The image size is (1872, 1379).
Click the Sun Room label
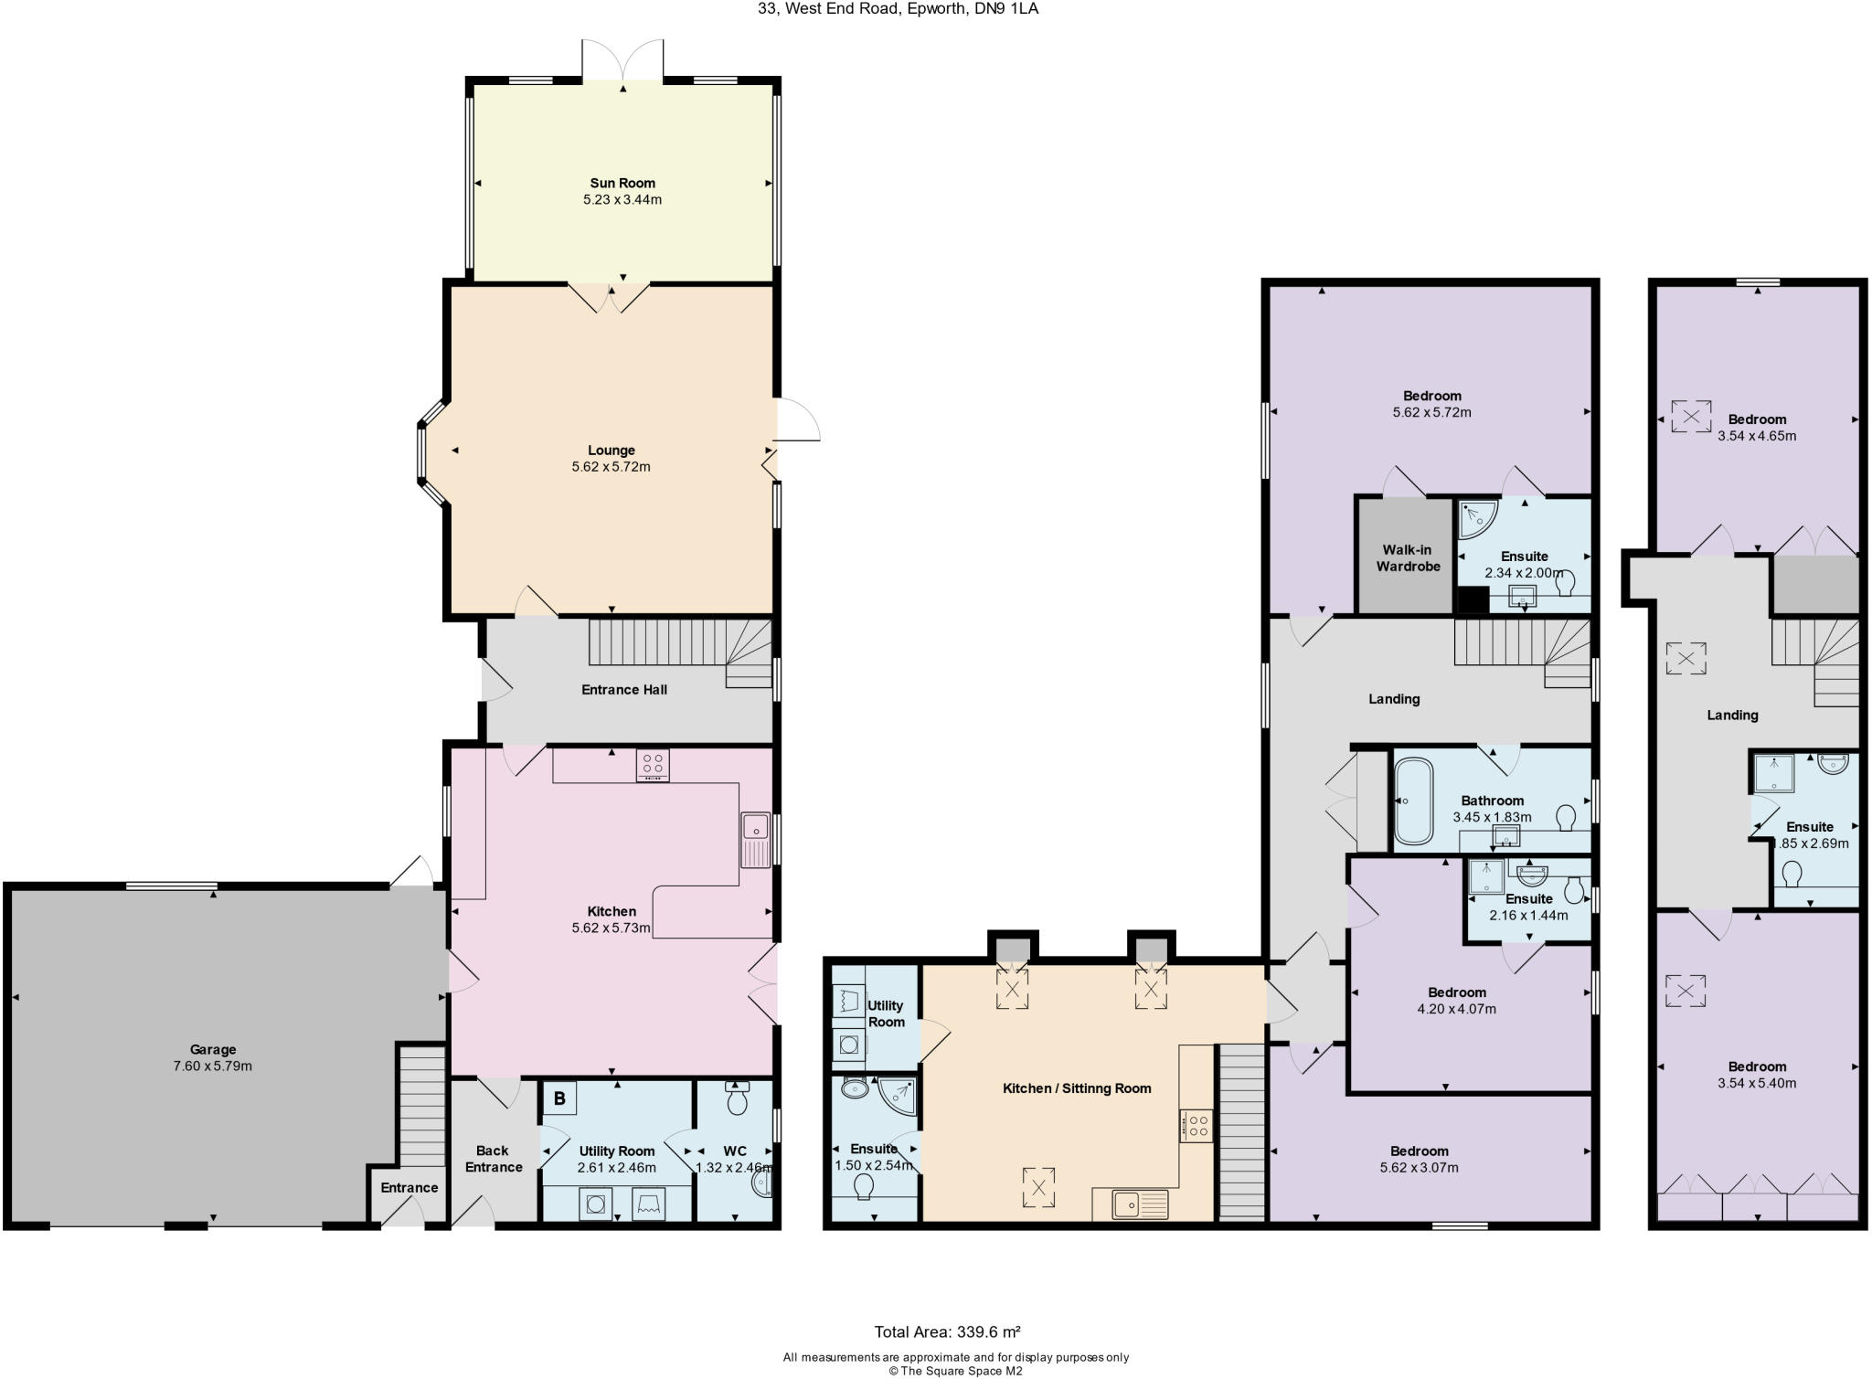622,183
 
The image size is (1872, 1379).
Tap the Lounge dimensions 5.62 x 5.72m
611,467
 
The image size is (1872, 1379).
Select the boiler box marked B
559,1099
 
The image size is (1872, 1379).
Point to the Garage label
213,1050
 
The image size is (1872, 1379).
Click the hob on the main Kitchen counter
653,765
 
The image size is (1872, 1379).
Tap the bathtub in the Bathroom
1414,801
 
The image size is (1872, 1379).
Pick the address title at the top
898,9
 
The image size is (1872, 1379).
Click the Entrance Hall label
624,689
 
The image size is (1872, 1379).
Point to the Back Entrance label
494,1159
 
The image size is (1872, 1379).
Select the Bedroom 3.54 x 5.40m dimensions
1757,1084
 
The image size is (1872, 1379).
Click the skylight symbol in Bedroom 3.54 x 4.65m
1691,416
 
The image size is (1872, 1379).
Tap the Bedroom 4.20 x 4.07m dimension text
1457,1009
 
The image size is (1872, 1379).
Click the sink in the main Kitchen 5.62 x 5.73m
756,839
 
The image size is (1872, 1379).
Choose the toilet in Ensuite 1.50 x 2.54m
863,1186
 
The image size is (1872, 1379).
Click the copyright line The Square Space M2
955,1371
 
